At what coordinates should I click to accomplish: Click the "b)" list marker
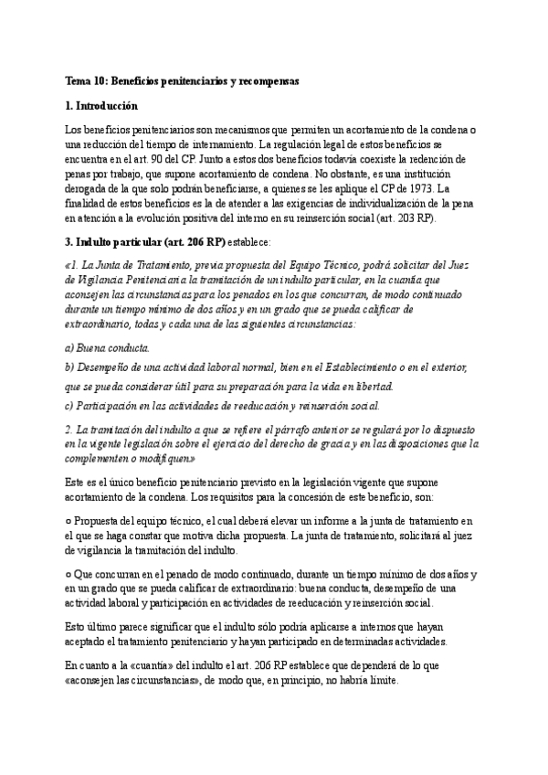(x=72, y=367)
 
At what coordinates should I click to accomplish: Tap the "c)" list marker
(x=71, y=406)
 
